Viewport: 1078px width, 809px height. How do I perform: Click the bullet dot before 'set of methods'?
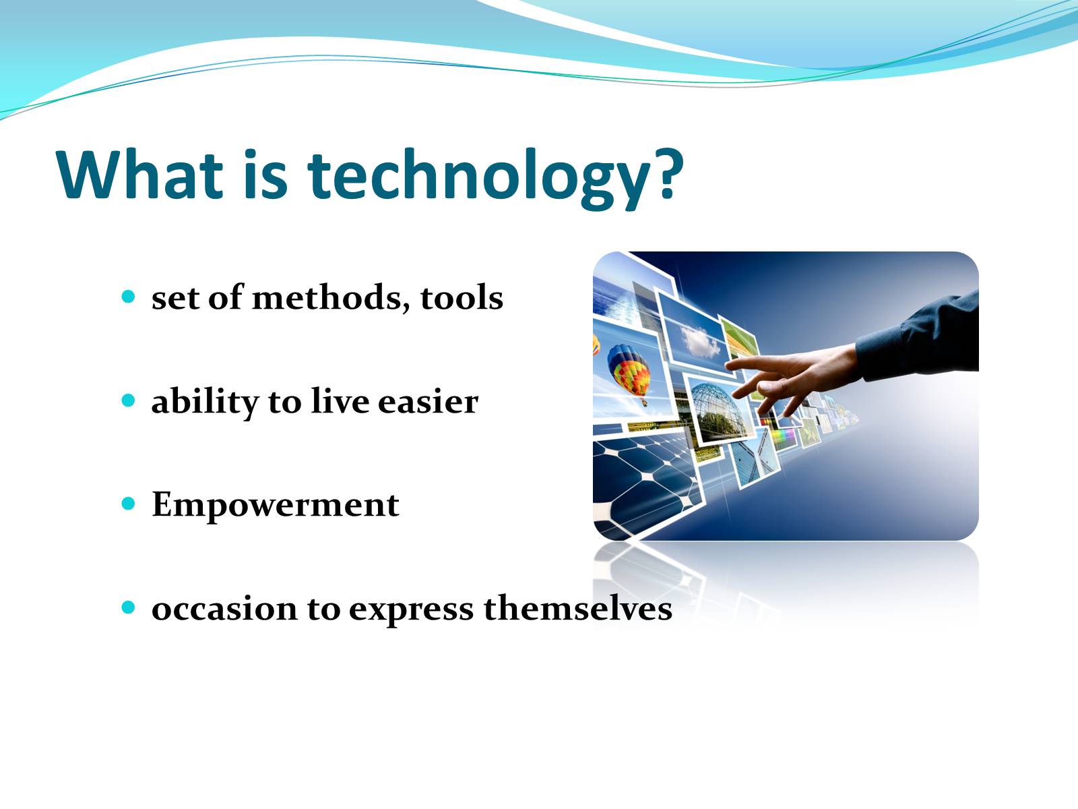[x=128, y=296]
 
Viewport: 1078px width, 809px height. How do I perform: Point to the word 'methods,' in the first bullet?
[x=331, y=297]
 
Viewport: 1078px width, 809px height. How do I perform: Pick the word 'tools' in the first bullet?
[x=462, y=298]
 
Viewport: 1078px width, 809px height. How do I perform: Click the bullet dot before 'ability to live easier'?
[x=128, y=400]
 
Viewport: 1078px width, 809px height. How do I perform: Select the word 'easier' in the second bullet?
[x=428, y=401]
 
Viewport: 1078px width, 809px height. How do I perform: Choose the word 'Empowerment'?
[x=275, y=506]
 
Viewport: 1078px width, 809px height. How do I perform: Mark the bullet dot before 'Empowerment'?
[x=128, y=504]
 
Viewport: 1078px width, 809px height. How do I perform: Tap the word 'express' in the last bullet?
[x=411, y=611]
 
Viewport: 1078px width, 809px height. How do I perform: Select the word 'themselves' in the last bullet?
[x=577, y=607]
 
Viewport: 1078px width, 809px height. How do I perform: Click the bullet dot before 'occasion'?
[x=128, y=607]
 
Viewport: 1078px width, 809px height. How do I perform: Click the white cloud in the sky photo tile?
[x=700, y=341]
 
